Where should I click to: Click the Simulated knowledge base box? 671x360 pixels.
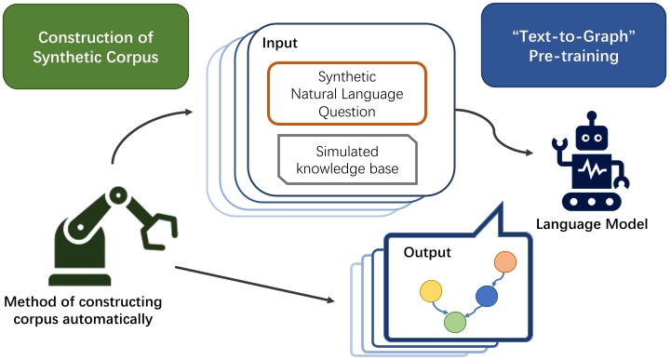(x=347, y=158)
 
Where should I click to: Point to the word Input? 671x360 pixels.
(x=280, y=44)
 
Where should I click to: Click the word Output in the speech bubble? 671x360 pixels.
(x=427, y=253)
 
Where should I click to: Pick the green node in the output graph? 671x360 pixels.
(x=454, y=322)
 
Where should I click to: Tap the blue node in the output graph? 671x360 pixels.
(x=487, y=296)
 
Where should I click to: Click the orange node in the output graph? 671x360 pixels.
(x=505, y=262)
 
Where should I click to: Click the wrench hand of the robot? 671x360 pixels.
(x=559, y=149)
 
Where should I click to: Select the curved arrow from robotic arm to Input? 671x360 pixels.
(x=140, y=130)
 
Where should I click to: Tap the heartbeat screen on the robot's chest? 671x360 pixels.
(x=593, y=173)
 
